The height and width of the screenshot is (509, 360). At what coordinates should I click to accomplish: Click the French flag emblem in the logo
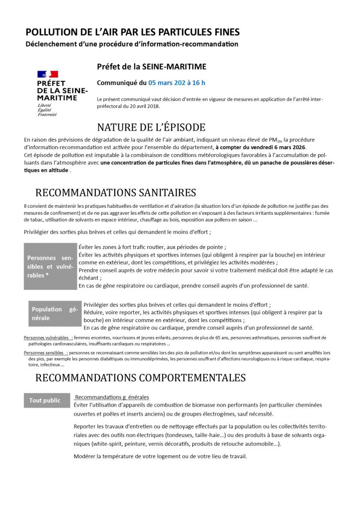[48, 75]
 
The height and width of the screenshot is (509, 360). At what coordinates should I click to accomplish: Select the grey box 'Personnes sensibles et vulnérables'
[50, 267]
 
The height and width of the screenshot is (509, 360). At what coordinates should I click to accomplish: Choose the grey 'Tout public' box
[45, 400]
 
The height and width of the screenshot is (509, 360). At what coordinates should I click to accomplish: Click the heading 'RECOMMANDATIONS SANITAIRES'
[116, 192]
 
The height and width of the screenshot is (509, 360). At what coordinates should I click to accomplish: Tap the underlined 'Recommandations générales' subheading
[111, 397]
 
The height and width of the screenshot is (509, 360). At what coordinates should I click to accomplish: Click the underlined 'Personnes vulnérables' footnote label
[47, 338]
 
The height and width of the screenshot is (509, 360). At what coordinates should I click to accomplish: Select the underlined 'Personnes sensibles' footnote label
[45, 353]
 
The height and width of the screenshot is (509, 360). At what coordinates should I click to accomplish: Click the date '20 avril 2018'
[137, 106]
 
